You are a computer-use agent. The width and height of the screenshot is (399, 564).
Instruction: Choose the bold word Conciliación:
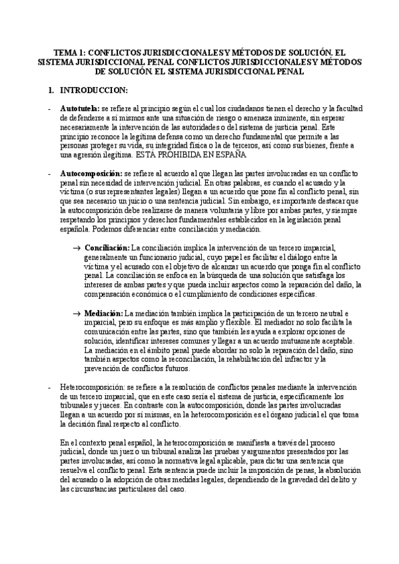pyautogui.click(x=107, y=247)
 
